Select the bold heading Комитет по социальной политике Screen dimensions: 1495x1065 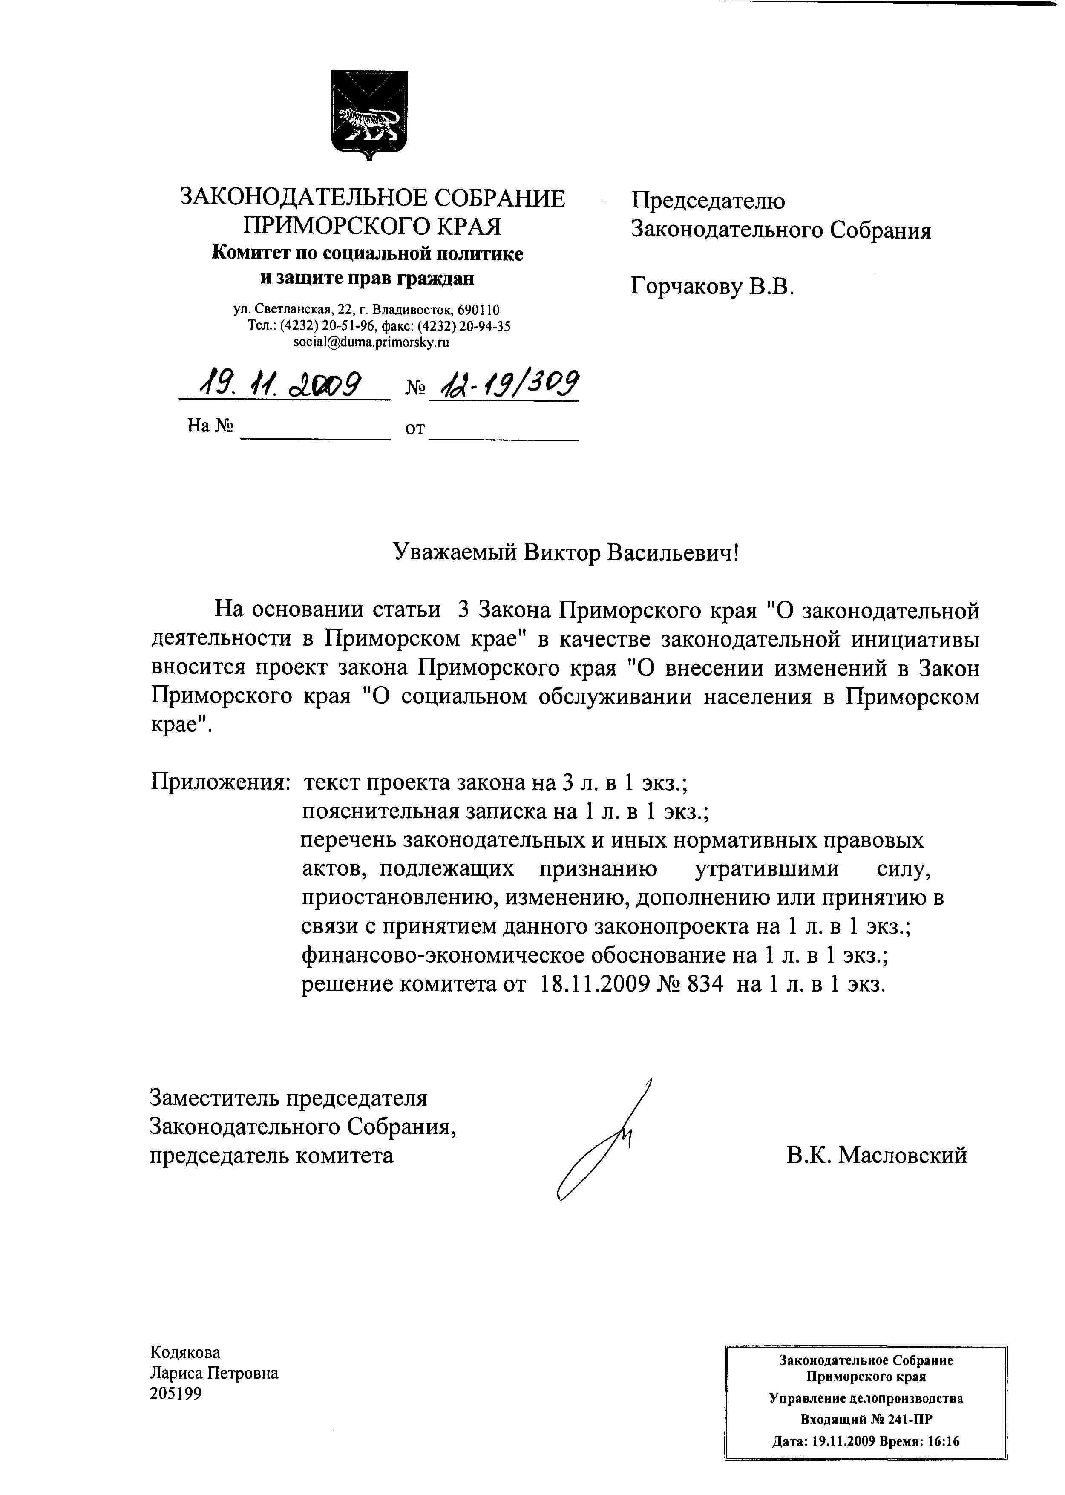[367, 254]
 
